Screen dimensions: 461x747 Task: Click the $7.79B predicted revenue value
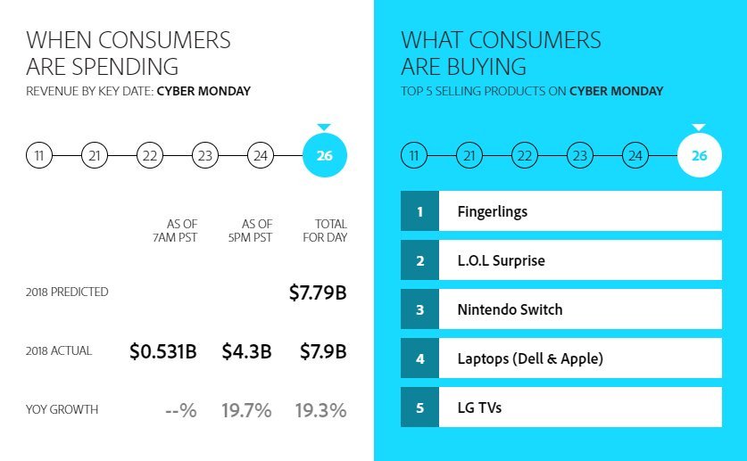pyautogui.click(x=317, y=292)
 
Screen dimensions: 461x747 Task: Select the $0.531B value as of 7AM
pyautogui.click(x=163, y=351)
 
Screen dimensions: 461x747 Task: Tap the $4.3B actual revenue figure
pyautogui.click(x=246, y=351)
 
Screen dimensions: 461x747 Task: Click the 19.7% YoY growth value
pyautogui.click(x=246, y=410)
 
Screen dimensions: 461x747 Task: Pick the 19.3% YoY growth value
pyautogui.click(x=320, y=410)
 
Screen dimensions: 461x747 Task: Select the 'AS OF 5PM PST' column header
pyautogui.click(x=257, y=230)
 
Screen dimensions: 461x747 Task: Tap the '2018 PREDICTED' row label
pyautogui.click(x=68, y=292)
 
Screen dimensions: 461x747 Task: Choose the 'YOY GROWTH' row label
pyautogui.click(x=62, y=410)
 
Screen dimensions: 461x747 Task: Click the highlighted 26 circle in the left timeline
pyautogui.click(x=325, y=156)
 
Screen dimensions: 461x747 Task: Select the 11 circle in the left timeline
pyautogui.click(x=39, y=156)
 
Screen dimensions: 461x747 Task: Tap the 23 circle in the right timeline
pyautogui.click(x=580, y=156)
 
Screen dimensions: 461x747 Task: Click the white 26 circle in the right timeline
pyautogui.click(x=700, y=156)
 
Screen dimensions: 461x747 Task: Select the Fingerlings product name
pyautogui.click(x=492, y=212)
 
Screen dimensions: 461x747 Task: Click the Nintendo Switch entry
pyautogui.click(x=510, y=310)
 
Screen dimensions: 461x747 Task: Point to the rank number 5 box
pyautogui.click(x=419, y=407)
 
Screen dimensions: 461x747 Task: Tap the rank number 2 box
pyautogui.click(x=419, y=261)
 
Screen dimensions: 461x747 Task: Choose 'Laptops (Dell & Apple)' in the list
pyautogui.click(x=530, y=359)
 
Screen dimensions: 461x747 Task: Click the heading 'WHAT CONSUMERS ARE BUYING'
pyautogui.click(x=501, y=54)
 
